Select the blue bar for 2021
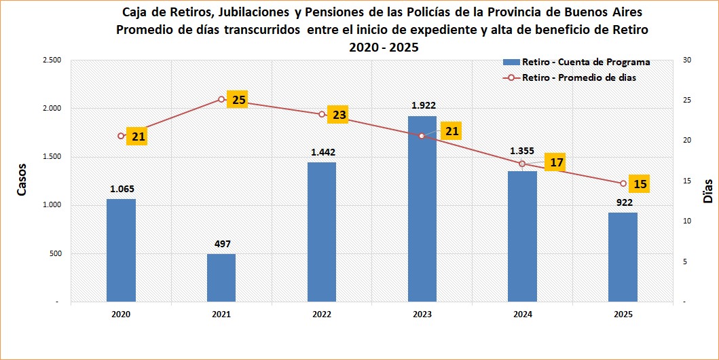(x=221, y=278)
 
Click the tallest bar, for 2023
(x=422, y=209)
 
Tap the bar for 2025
(x=623, y=257)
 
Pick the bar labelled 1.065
(x=121, y=250)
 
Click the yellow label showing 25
(x=238, y=100)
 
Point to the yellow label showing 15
(x=640, y=183)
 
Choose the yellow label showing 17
(x=557, y=163)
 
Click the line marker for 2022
(x=321, y=114)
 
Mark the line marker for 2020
(x=121, y=136)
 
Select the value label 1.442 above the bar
(x=322, y=152)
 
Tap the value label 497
(x=221, y=244)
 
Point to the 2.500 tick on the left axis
(x=52, y=60)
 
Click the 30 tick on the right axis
(x=686, y=60)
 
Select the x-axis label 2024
(x=522, y=314)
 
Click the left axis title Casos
(x=22, y=179)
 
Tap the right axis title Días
(x=707, y=192)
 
